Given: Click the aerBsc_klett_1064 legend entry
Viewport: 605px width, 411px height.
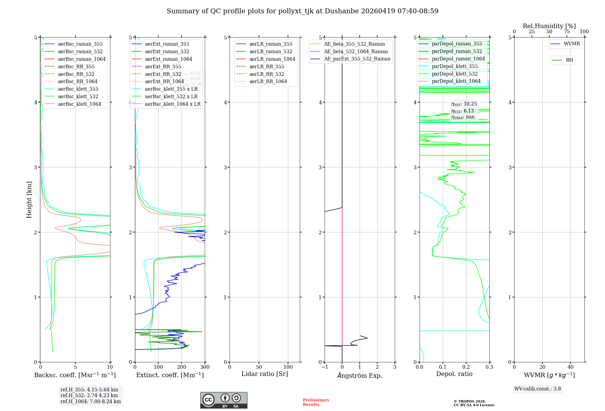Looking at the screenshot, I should [79, 104].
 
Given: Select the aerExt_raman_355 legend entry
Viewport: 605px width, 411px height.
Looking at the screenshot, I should [167, 44].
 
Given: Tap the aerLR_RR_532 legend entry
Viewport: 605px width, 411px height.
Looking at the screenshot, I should [267, 74].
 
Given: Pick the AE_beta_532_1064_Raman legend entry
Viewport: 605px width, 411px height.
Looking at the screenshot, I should [356, 51].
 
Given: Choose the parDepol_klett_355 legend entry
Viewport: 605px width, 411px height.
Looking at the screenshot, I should [455, 66].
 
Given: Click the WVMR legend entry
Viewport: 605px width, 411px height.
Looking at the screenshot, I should [572, 44].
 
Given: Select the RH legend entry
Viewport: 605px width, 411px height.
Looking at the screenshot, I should [569, 60].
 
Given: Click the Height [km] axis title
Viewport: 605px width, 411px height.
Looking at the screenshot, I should [29, 199].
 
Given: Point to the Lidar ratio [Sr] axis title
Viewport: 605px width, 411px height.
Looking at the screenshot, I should [265, 374].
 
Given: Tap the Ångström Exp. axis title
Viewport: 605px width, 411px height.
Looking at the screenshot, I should [360, 375].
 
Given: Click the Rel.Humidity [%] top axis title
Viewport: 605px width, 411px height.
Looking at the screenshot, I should [549, 26].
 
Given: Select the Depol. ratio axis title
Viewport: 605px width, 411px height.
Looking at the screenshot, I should [454, 374].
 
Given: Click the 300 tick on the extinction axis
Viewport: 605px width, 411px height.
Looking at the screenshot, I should [205, 367].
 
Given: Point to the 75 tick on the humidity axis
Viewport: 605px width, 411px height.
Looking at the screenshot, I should [567, 32].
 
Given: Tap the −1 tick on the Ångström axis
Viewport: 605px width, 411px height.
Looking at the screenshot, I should [325, 367].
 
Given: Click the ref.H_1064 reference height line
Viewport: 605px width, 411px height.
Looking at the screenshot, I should [90, 401].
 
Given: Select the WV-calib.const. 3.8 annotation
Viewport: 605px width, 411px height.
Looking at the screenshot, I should [538, 389].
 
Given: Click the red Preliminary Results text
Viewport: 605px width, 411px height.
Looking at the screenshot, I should [316, 402].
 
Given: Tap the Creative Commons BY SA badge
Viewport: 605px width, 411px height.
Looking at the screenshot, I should [224, 400].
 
